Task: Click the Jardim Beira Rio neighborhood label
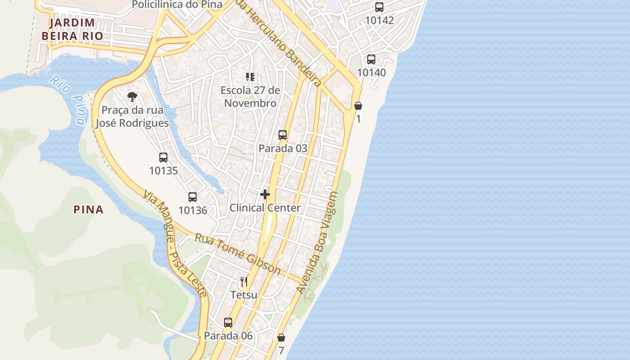(72, 29)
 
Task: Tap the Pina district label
(88, 209)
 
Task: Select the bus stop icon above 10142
(379, 7)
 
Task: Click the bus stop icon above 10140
(371, 59)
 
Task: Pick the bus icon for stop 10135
(163, 157)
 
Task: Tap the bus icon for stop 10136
(193, 197)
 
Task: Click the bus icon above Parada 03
(283, 135)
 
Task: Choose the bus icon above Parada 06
(228, 323)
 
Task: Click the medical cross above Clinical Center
(265, 194)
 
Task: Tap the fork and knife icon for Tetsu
(244, 282)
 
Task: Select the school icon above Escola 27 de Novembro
(250, 77)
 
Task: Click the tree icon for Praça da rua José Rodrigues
(132, 96)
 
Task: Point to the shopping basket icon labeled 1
(358, 106)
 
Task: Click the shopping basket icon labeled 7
(281, 337)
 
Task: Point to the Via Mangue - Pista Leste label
(175, 243)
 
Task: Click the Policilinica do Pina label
(177, 5)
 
